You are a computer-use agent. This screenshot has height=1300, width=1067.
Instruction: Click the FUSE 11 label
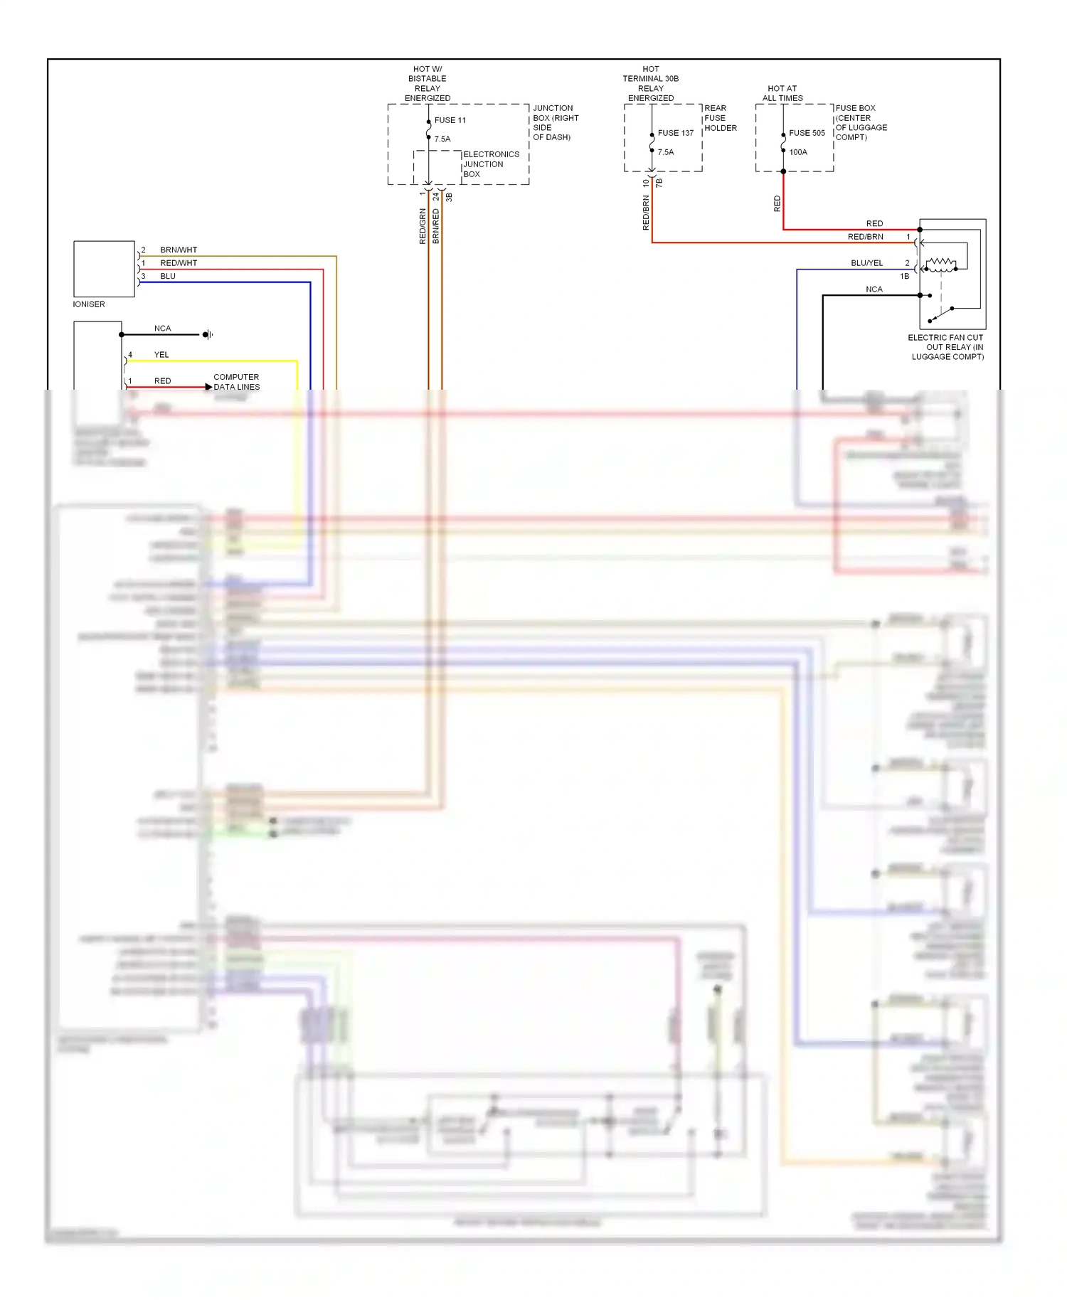tap(450, 120)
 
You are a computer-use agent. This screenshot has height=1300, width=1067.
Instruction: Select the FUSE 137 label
tap(675, 133)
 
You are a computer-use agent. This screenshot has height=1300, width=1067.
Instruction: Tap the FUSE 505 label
tap(807, 133)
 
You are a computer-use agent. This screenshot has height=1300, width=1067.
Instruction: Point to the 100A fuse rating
tap(798, 152)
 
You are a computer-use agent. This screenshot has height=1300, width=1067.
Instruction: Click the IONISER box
tap(104, 269)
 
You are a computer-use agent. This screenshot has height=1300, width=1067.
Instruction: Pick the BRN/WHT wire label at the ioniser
tap(179, 250)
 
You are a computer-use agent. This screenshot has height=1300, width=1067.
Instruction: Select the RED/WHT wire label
tap(179, 263)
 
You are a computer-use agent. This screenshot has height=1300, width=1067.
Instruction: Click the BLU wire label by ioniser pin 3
tap(168, 276)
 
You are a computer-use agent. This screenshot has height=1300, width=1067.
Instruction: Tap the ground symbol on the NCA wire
tap(207, 334)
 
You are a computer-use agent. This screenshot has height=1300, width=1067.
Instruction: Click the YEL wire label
tap(161, 355)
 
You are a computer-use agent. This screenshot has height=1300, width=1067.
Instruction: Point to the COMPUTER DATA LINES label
tap(236, 382)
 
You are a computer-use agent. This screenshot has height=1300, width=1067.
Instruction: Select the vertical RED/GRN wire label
tap(423, 226)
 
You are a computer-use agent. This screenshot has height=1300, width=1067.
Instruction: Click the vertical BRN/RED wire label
tap(436, 226)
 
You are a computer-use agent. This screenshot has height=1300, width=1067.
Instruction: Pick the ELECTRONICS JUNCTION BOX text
tap(490, 164)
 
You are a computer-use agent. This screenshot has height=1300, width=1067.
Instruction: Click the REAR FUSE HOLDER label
tap(720, 118)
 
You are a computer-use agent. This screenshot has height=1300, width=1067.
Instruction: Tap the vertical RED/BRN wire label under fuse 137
tap(646, 213)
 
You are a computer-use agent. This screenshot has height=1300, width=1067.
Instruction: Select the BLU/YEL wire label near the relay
tap(866, 263)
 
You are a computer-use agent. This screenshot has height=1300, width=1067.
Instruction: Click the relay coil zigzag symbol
tap(941, 265)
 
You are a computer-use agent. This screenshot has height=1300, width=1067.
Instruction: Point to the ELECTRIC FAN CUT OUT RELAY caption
tap(946, 347)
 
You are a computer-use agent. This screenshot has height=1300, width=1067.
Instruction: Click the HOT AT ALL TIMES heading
tap(782, 93)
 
